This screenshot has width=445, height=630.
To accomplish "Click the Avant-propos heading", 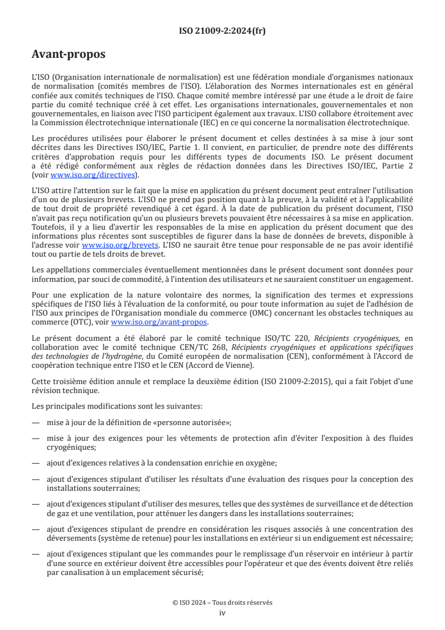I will click(x=68, y=54).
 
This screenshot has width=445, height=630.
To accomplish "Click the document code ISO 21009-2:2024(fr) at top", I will click(x=222, y=31).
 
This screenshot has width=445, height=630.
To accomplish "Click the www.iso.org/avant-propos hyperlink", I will click(x=159, y=322).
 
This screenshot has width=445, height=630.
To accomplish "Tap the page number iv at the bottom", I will click(x=222, y=613).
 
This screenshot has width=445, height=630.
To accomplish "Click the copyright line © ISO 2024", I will click(x=222, y=602).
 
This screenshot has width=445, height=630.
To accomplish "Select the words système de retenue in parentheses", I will click(x=117, y=538).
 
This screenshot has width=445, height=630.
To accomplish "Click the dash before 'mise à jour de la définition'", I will click(x=36, y=422).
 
